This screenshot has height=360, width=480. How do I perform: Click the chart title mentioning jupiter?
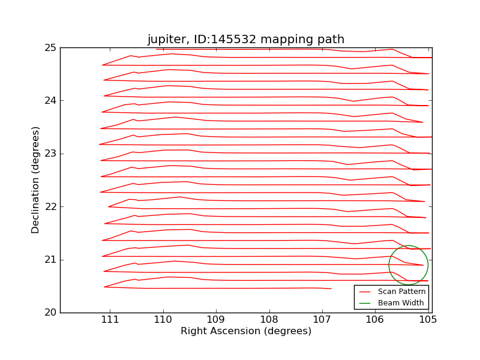[246, 40]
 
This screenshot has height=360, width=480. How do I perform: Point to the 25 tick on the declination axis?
[50, 48]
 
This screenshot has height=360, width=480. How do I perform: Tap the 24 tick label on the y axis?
[50, 101]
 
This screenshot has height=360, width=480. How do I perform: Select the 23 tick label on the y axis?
[50, 154]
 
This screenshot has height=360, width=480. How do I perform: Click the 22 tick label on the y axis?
[50, 206]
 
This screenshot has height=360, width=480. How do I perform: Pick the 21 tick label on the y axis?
[50, 260]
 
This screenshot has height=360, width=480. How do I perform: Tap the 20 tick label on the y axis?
[50, 313]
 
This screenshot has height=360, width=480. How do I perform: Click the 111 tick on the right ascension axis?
[110, 320]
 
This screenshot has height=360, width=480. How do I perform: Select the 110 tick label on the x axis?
[163, 320]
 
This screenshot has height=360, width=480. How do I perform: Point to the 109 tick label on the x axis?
[216, 320]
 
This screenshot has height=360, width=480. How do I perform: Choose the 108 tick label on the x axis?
[269, 320]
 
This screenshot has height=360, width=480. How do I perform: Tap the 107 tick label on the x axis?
[322, 320]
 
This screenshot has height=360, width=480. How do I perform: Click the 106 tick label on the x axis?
[376, 320]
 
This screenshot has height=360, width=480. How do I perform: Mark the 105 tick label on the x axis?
[428, 320]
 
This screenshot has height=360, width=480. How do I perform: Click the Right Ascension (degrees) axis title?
[246, 331]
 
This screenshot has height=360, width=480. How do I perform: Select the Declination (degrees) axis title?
[36, 180]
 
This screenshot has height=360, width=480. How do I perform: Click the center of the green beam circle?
[409, 265]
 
